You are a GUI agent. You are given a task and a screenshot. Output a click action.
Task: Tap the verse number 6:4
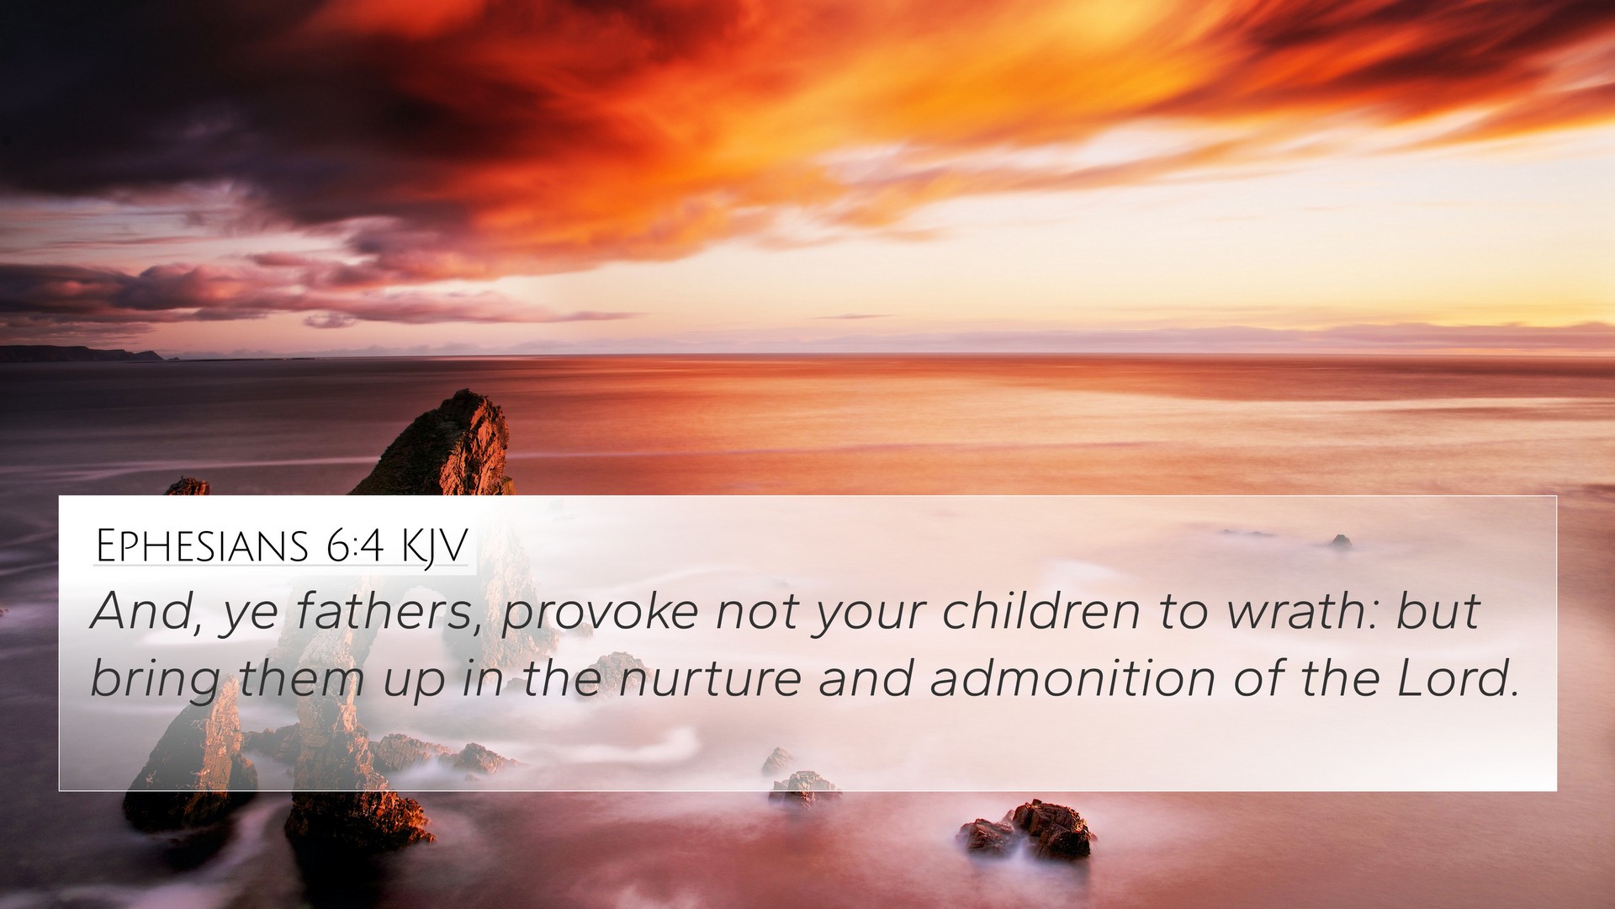352,547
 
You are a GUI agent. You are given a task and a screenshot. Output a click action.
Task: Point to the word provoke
599,614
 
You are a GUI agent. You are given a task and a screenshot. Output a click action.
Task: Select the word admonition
1072,678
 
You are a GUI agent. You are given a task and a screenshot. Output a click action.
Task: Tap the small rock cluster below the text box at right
1027,832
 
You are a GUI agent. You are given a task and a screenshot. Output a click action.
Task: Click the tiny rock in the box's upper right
1340,541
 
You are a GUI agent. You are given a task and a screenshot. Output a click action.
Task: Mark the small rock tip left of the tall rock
187,486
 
